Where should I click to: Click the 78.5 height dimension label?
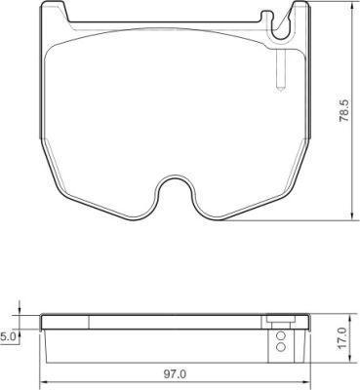(x=344, y=110)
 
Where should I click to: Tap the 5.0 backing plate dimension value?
(x=6, y=337)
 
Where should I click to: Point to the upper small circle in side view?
(x=281, y=335)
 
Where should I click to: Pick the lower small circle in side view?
(x=281, y=347)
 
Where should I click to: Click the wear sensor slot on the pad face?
(x=280, y=70)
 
